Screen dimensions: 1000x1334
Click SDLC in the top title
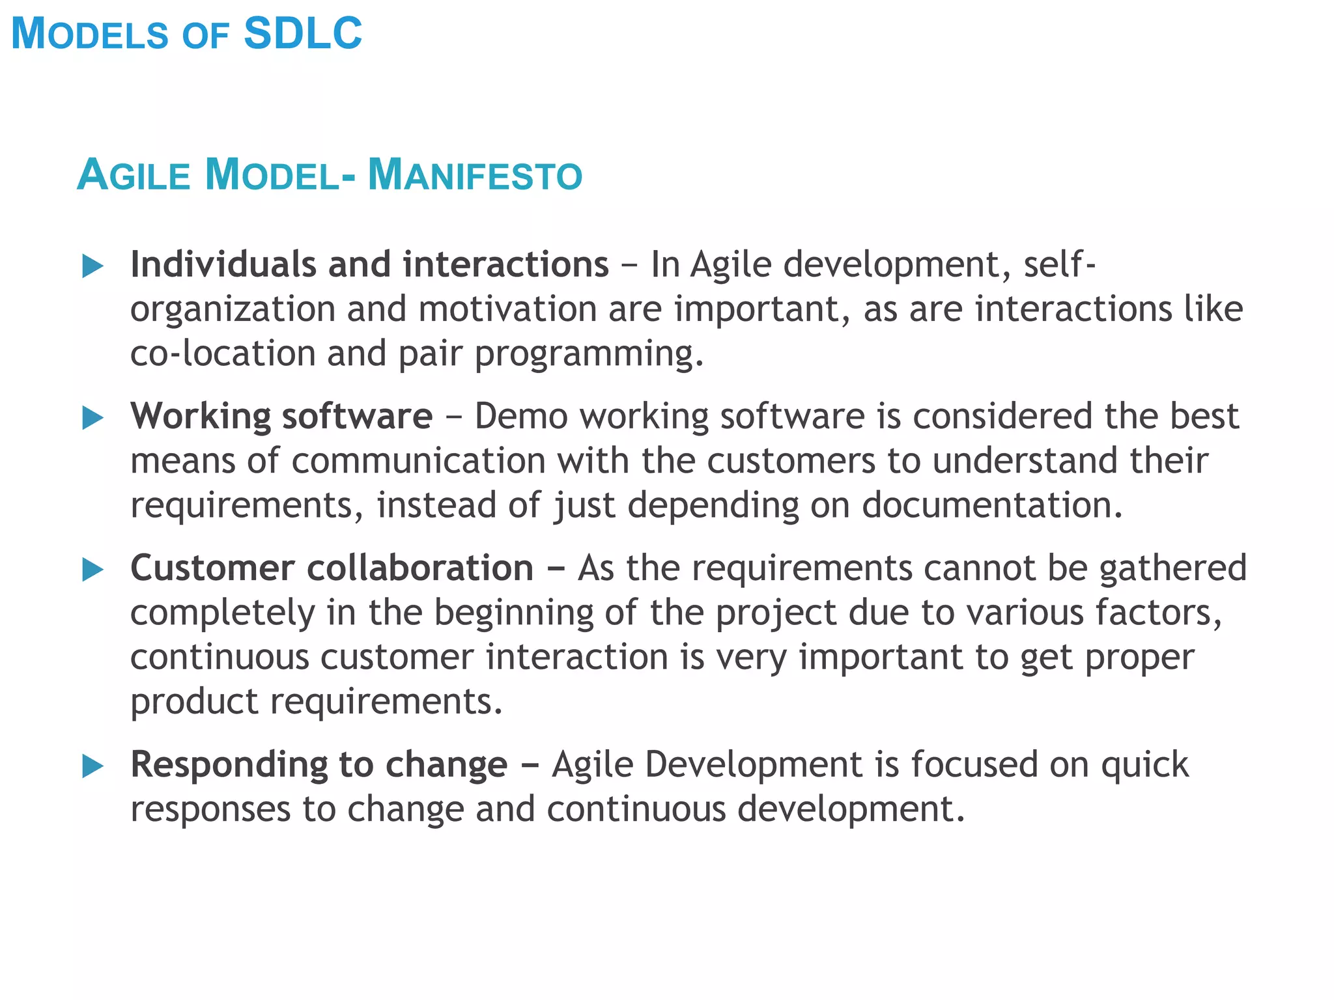click(302, 33)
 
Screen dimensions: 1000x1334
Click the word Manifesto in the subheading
click(475, 175)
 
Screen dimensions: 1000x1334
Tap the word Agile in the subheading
click(134, 175)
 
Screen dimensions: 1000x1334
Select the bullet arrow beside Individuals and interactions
click(93, 266)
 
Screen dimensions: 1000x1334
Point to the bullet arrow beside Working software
click(93, 418)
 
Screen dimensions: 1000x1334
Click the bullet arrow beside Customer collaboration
click(93, 570)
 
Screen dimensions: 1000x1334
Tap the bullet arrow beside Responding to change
click(93, 766)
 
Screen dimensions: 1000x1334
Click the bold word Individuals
click(223, 264)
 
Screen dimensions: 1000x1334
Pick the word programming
click(589, 355)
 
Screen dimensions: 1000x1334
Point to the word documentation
click(993, 505)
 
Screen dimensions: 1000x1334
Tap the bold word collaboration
click(420, 568)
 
